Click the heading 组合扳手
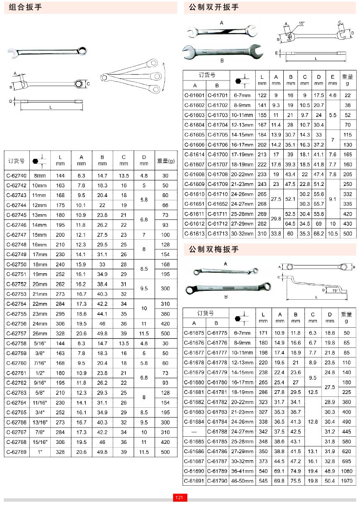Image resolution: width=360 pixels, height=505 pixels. pos(26,7)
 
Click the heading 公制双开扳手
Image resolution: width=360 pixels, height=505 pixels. pos(214,7)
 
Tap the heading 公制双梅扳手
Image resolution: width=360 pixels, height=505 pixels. pos(214,249)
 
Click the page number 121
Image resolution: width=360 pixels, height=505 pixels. pos(180,497)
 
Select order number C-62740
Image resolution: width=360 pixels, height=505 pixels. pos(17,176)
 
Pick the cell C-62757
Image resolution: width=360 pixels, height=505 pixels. pos(17,334)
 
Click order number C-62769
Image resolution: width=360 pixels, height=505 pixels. pos(17,452)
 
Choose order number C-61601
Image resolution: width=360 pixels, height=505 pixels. pos(194,95)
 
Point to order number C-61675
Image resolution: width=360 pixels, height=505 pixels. pos(194,333)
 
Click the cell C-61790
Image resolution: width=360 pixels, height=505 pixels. pos(218,481)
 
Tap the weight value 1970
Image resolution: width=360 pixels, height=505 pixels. pos(346,481)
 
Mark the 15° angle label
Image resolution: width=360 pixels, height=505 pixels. pos(302,23)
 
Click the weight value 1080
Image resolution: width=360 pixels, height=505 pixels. pos(346,471)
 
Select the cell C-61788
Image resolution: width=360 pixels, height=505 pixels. pos(218,432)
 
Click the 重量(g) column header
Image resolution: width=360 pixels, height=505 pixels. pos(166,161)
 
